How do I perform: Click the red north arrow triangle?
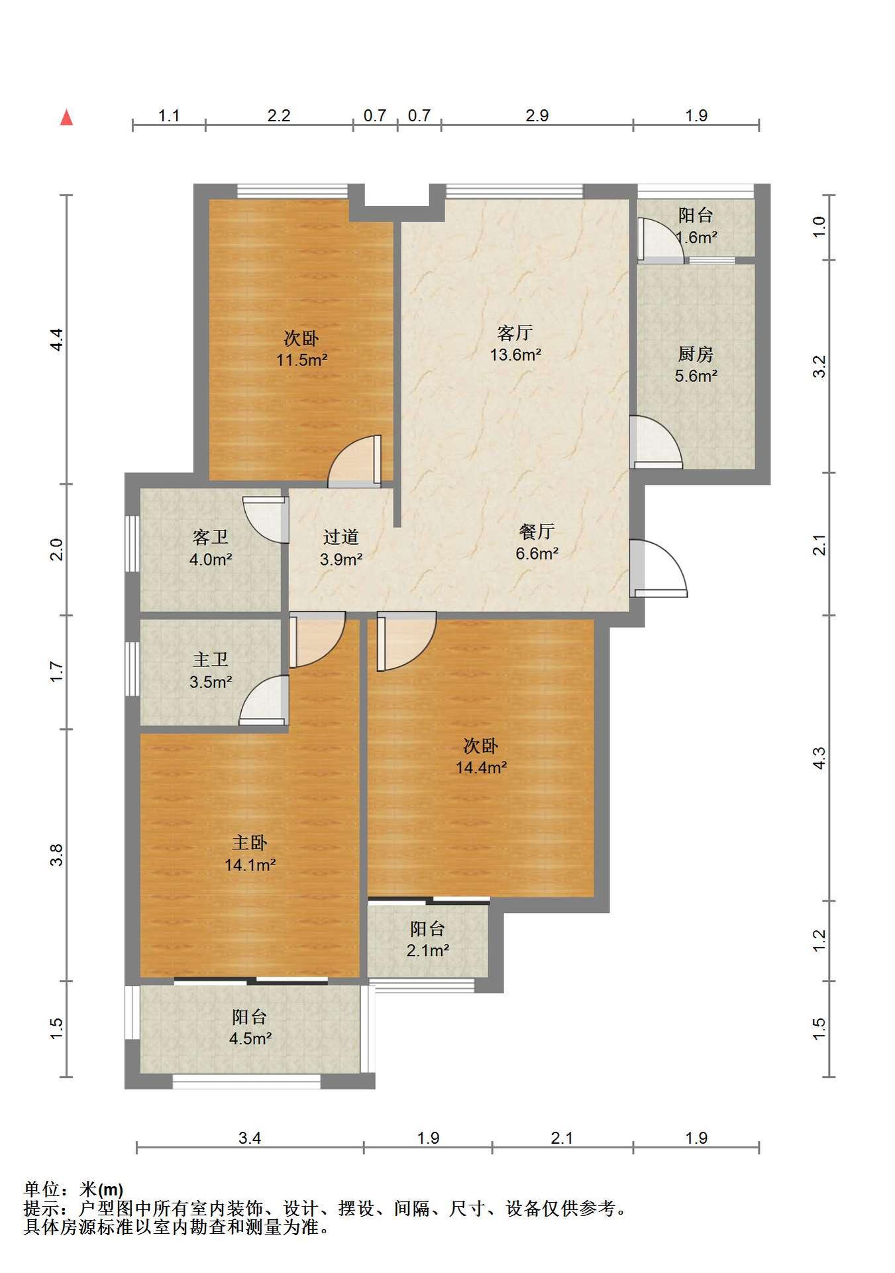[x=66, y=117]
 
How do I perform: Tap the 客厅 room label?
[x=515, y=332]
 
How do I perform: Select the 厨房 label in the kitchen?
[x=696, y=354]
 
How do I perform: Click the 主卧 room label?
[x=250, y=843]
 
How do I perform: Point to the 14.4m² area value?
[x=481, y=768]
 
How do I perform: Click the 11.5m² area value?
[x=302, y=360]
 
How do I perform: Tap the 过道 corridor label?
[x=341, y=537]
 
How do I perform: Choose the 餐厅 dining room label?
[x=537, y=531]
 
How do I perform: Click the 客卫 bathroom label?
[x=211, y=537]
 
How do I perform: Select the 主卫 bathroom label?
[x=211, y=660]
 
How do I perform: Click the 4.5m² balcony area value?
[x=250, y=1038]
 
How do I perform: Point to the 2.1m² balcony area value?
[x=428, y=950]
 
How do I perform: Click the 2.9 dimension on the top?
[x=537, y=115]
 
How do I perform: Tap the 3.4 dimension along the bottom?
[x=250, y=1138]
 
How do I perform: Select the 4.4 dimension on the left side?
[x=57, y=339]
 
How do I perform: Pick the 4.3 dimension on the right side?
[x=819, y=758]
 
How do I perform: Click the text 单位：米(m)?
[x=74, y=1189]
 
